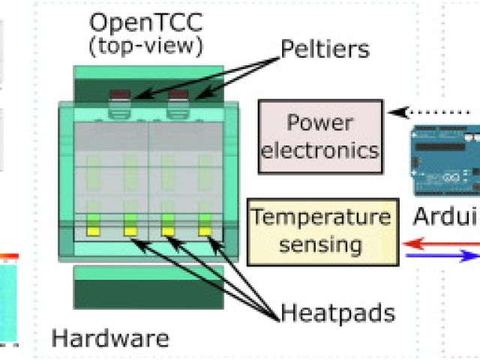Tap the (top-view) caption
tap(145, 47)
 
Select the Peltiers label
tap(325, 49)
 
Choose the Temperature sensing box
tap(321, 231)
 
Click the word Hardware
tap(110, 338)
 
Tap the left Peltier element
tap(120, 97)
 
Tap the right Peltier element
tap(178, 97)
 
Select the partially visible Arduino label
tap(446, 217)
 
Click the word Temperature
tap(321, 218)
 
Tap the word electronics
tap(321, 149)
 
